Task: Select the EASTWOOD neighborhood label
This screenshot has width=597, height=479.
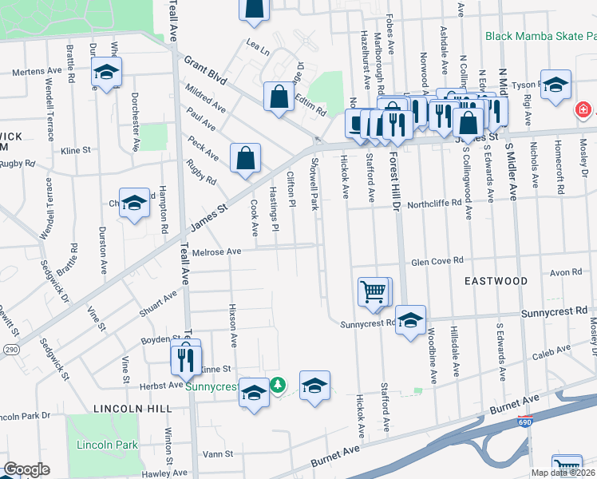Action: pos(496,281)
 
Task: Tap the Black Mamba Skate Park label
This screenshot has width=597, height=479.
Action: pos(540,36)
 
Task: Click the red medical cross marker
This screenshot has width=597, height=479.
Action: pos(583,108)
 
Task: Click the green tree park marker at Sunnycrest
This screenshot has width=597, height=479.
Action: pos(277,385)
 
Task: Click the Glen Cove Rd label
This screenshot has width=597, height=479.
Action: pos(437,261)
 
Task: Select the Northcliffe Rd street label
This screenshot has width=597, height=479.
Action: pos(434,203)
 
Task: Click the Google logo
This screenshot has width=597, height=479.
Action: pos(26,469)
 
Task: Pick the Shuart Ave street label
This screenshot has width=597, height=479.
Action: pos(159,302)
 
